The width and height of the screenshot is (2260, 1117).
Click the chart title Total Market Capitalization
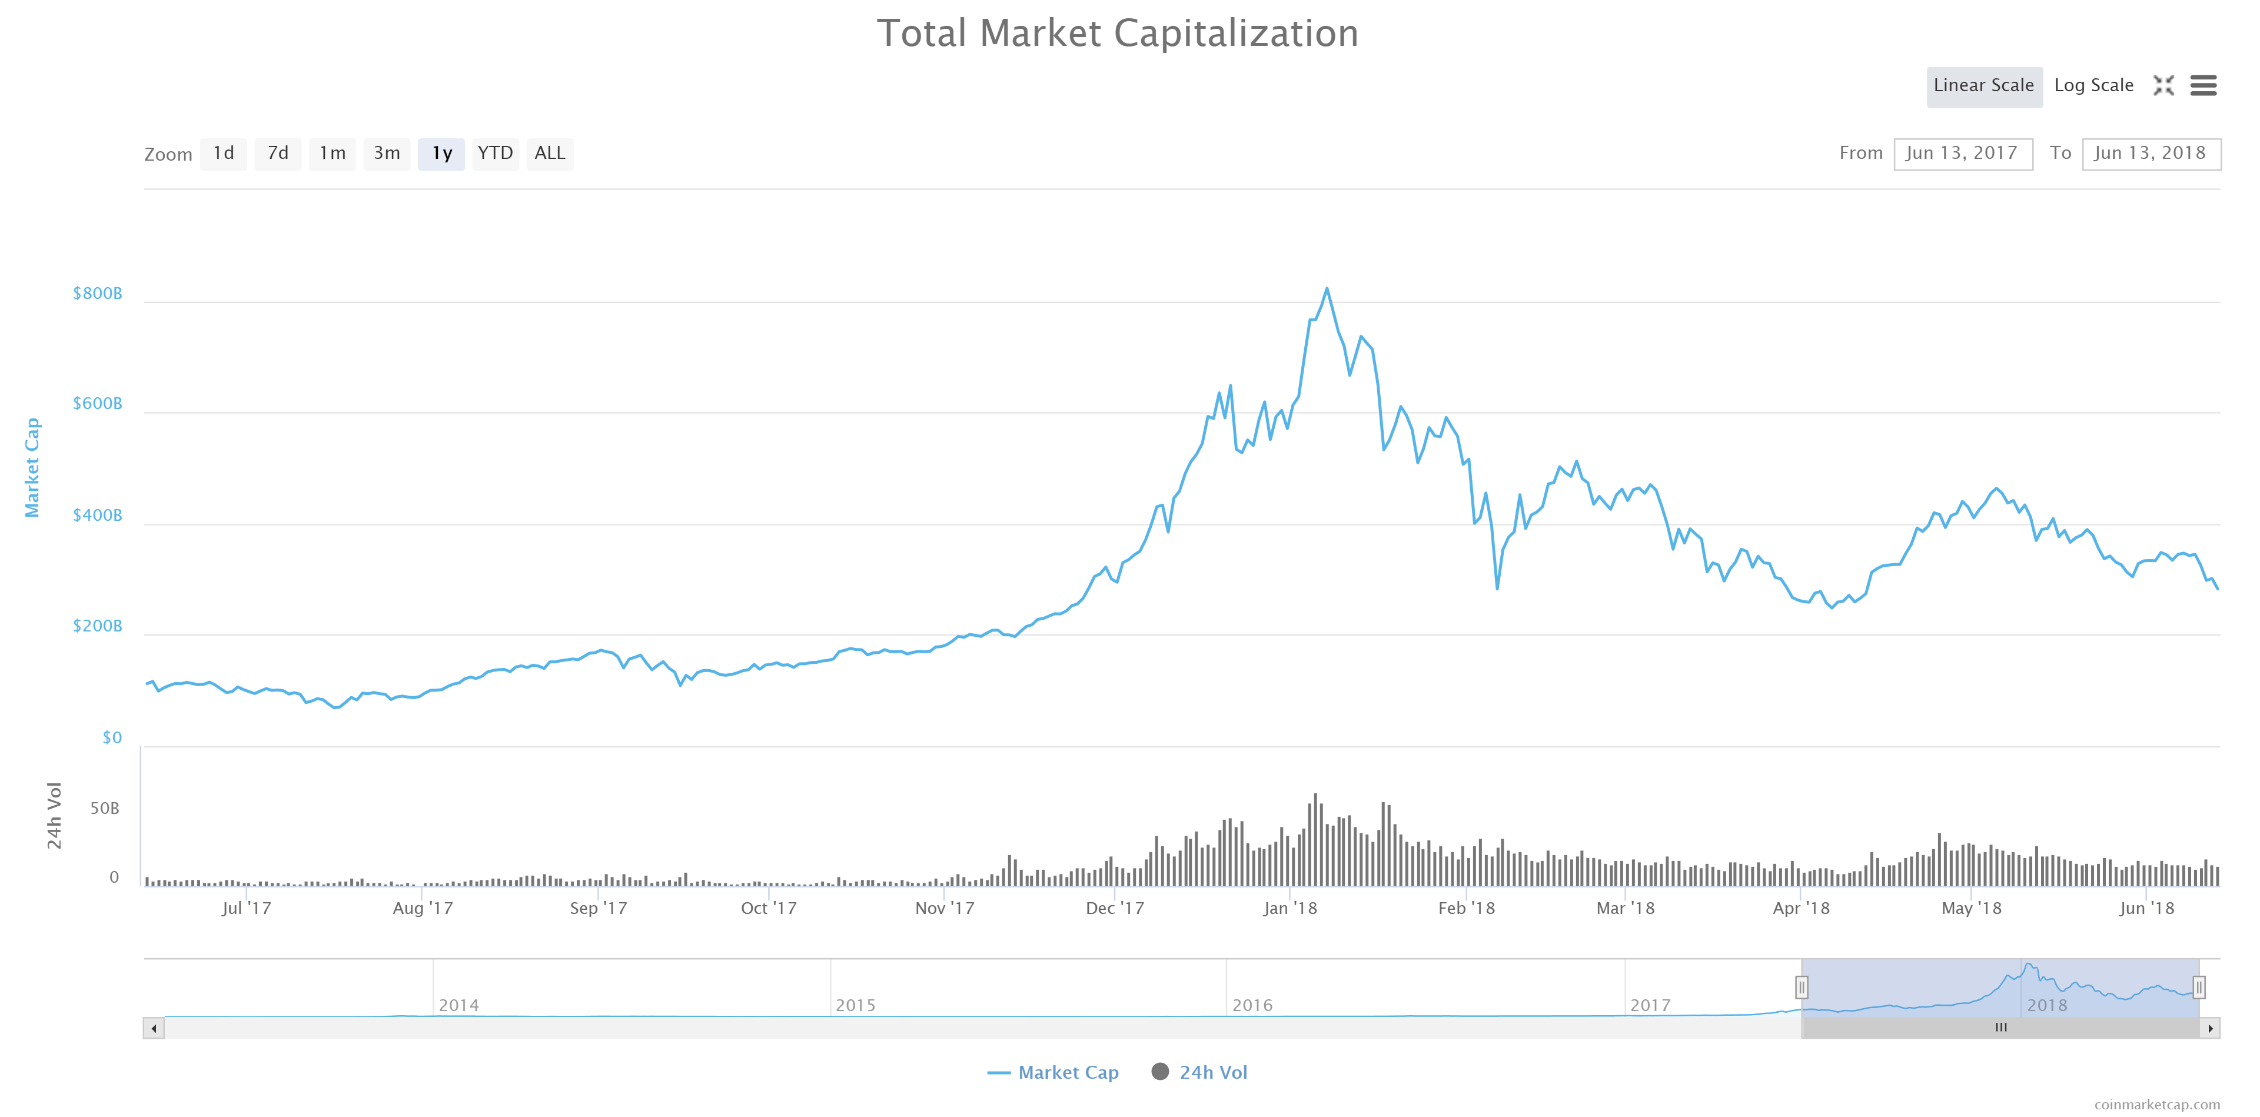pos(1117,34)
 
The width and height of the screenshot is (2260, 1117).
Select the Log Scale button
pos(2093,86)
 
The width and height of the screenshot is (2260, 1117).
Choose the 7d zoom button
pos(278,154)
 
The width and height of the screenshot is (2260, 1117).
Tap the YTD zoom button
pos(495,154)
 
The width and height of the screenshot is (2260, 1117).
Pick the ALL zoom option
pos(550,154)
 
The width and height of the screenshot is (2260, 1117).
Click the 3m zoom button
pos(387,154)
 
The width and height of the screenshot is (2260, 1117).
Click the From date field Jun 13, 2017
pos(1963,154)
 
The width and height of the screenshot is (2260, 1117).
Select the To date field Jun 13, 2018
pos(2151,154)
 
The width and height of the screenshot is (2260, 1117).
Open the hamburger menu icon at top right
pos(2203,85)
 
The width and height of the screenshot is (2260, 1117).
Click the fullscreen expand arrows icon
pos(2163,85)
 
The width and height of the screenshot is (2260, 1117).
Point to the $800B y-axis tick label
pos(97,293)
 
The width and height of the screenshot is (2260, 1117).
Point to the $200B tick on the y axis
pos(97,626)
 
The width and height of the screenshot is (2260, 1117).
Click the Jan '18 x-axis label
pos(1289,908)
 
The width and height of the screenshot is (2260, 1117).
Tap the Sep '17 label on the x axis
pos(599,908)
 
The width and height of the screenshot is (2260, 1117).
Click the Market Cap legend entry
pos(1053,1072)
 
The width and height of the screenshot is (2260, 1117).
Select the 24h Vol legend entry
pos(1199,1072)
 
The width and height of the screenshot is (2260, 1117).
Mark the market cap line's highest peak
pos(1327,288)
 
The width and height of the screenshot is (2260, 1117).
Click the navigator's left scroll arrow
pos(154,1028)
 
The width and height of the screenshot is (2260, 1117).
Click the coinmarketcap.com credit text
pos(2158,1105)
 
